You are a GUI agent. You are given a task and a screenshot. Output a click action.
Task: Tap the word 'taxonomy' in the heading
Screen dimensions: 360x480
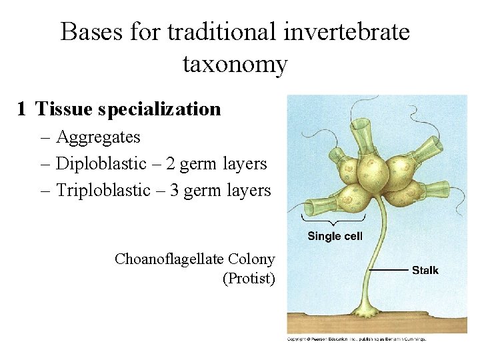(x=235, y=65)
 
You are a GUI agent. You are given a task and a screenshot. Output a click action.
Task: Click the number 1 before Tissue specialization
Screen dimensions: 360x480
(x=22, y=109)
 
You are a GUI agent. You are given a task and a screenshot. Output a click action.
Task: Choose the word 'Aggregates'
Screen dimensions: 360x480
(x=98, y=137)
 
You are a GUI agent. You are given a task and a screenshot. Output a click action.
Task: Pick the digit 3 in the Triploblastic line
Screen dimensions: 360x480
(x=174, y=191)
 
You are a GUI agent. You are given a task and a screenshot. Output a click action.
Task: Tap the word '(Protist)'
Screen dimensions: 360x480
(x=249, y=279)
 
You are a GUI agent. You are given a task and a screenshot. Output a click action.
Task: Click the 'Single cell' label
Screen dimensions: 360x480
(x=335, y=236)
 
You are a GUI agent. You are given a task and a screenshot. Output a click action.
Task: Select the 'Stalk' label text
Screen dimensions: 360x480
(x=425, y=270)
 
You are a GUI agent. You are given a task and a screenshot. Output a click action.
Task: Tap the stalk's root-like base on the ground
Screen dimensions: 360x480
(x=366, y=311)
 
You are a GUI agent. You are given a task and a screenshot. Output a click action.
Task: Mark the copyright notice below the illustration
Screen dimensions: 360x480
(x=357, y=339)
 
